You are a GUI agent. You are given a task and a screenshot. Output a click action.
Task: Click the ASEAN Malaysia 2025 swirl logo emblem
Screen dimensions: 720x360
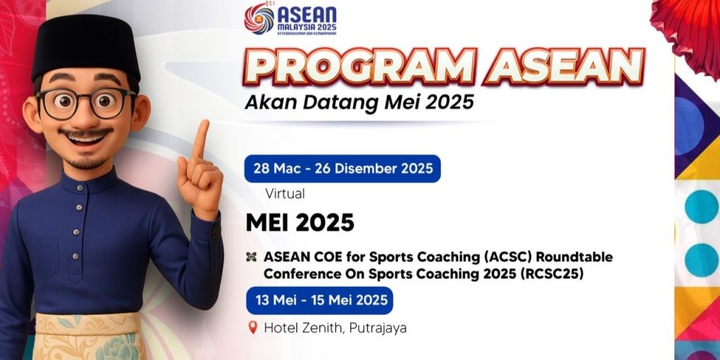point(259,18)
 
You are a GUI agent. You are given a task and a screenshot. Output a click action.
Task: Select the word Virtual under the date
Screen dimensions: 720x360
point(285,194)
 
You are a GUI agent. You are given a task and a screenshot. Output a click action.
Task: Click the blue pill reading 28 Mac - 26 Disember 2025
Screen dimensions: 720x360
point(342,169)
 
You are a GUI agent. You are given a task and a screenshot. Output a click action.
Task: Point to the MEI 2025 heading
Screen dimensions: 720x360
point(300,223)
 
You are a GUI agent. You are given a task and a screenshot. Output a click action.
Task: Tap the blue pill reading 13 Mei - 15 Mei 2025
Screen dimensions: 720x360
point(320,300)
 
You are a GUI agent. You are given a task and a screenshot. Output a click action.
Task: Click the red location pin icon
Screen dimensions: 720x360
point(252,328)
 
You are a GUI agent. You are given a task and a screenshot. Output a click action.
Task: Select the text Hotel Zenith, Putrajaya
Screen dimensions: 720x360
point(335,328)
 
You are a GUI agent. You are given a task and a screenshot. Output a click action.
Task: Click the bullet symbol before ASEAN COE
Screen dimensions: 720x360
point(251,257)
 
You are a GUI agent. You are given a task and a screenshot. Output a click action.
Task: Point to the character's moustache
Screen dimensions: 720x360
point(86,133)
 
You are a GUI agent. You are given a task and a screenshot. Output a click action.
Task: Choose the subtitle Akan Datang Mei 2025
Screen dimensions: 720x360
point(359,103)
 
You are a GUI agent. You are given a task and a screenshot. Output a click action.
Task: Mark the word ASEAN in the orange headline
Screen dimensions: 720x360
point(565,67)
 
